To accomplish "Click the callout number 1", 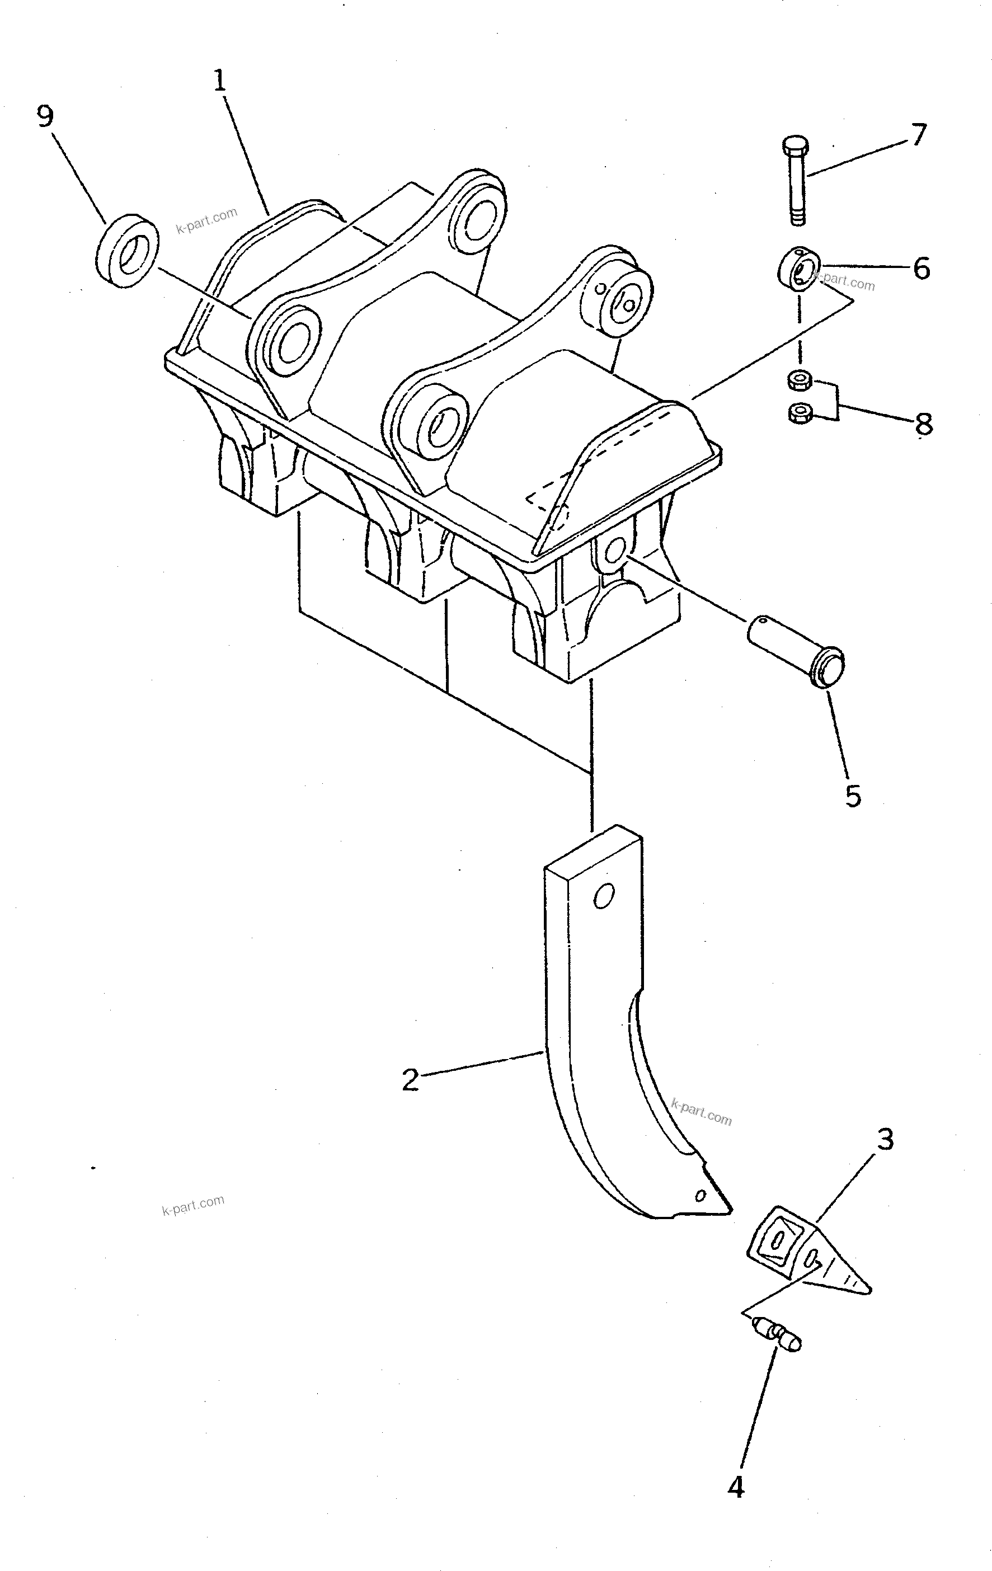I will (x=219, y=81).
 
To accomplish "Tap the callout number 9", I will (x=44, y=117).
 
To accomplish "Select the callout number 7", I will (x=918, y=135).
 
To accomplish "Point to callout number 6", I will (x=921, y=268).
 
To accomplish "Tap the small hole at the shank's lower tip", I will (x=701, y=1195).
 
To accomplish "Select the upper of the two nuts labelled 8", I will (x=800, y=379).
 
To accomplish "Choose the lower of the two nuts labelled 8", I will (x=800, y=413).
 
